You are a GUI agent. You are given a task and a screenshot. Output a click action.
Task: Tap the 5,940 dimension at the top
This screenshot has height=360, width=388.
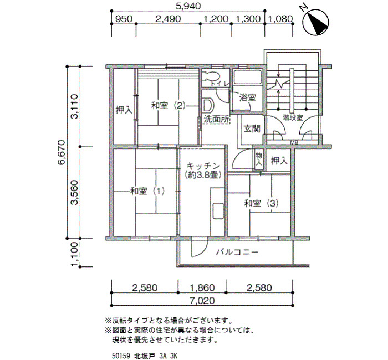click(x=188, y=6)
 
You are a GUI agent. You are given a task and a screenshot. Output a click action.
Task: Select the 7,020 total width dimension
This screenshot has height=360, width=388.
click(x=202, y=301)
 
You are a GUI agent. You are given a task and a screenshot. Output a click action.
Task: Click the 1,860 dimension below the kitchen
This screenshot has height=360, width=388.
click(x=202, y=288)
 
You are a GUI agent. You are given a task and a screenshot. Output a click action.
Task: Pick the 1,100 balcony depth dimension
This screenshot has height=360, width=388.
click(x=74, y=254)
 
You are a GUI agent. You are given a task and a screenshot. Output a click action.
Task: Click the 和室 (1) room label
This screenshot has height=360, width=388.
click(x=147, y=191)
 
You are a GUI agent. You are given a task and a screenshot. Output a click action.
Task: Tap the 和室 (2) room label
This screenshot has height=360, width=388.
click(x=169, y=106)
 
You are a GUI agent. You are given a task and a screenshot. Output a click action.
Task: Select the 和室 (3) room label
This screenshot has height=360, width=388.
click(x=261, y=203)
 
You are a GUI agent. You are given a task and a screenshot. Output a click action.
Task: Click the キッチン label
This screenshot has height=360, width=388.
click(x=203, y=166)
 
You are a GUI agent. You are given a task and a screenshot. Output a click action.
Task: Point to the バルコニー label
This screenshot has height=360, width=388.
click(x=237, y=252)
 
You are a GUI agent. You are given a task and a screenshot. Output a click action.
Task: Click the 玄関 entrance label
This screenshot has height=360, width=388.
click(x=252, y=128)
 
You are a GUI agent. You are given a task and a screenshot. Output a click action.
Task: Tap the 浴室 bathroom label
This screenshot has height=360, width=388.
click(x=247, y=98)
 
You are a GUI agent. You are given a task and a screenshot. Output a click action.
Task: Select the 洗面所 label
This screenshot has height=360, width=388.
click(x=217, y=120)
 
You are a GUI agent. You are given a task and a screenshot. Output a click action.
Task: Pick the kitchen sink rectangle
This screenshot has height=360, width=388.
click(x=217, y=210)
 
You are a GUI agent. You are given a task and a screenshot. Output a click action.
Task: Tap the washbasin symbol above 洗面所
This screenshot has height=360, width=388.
click(x=207, y=105)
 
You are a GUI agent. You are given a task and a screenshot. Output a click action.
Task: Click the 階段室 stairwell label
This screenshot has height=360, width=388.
click(x=293, y=117)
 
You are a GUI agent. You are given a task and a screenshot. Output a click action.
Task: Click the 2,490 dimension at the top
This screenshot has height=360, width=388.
click(x=168, y=19)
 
